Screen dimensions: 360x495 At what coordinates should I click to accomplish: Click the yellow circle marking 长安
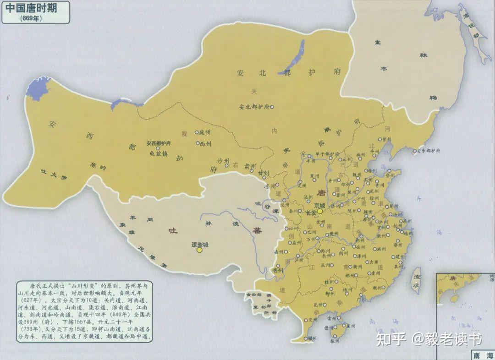tap(319, 212)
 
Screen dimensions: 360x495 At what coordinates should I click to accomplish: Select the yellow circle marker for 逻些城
tap(199, 250)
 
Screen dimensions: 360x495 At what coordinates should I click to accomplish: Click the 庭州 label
tap(204, 132)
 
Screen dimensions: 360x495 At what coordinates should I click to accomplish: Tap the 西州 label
tap(205, 143)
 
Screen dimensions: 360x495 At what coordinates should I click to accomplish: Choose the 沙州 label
tap(223, 161)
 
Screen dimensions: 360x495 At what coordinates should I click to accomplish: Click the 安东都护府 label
tap(429, 151)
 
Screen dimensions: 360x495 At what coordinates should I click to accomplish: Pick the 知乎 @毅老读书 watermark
tap(429, 339)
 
